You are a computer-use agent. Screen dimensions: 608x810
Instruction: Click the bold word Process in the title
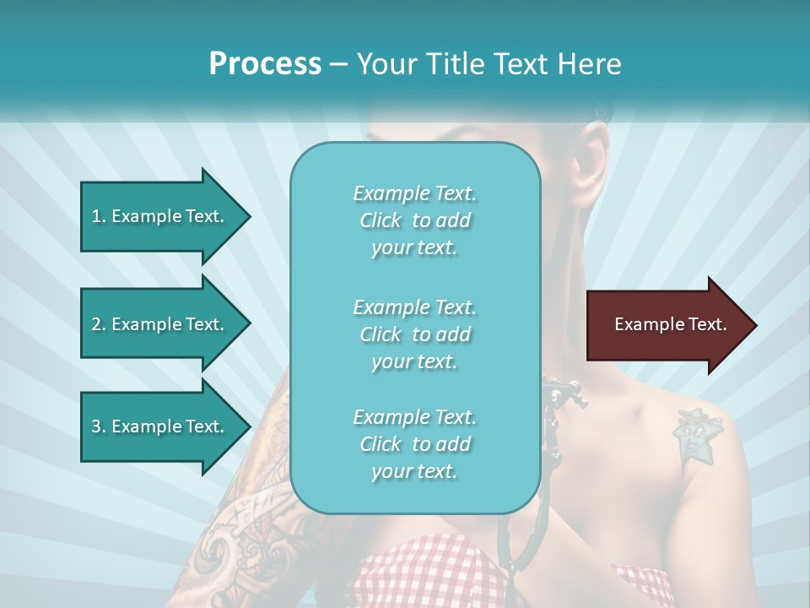click(x=265, y=64)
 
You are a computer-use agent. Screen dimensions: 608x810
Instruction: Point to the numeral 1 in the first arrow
click(x=95, y=216)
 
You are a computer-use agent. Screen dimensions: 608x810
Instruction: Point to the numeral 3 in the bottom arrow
click(x=95, y=426)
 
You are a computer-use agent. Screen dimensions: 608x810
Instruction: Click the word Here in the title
click(x=590, y=64)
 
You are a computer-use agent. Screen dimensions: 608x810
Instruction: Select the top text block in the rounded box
click(x=414, y=220)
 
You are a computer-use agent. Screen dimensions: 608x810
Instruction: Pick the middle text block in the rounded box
click(x=414, y=334)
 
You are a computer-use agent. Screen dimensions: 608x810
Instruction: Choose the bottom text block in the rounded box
click(x=414, y=444)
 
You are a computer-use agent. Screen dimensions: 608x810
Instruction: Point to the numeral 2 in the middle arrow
click(x=96, y=324)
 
